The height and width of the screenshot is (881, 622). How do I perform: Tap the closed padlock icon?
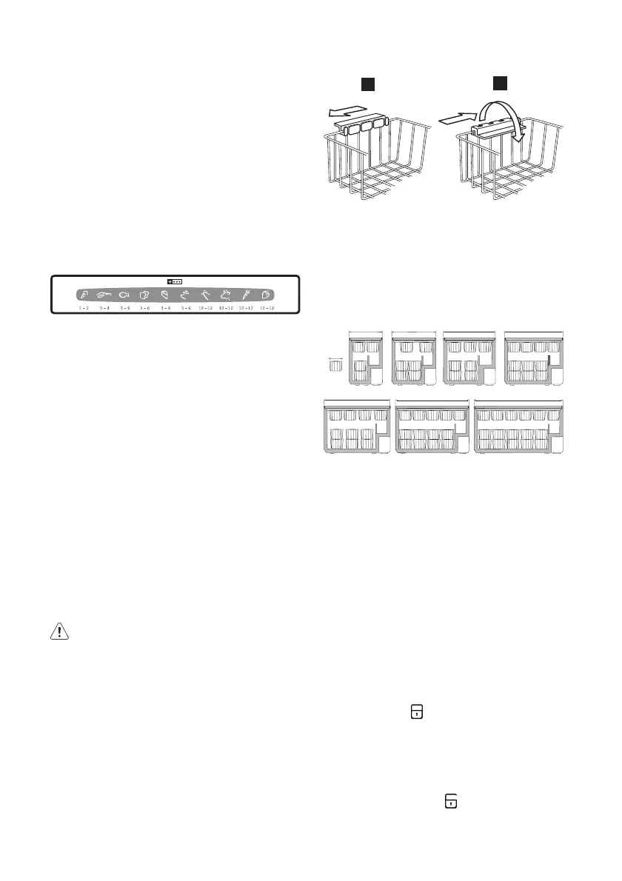pyautogui.click(x=418, y=711)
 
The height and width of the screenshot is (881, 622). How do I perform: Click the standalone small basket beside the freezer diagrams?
pyautogui.click(x=336, y=366)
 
